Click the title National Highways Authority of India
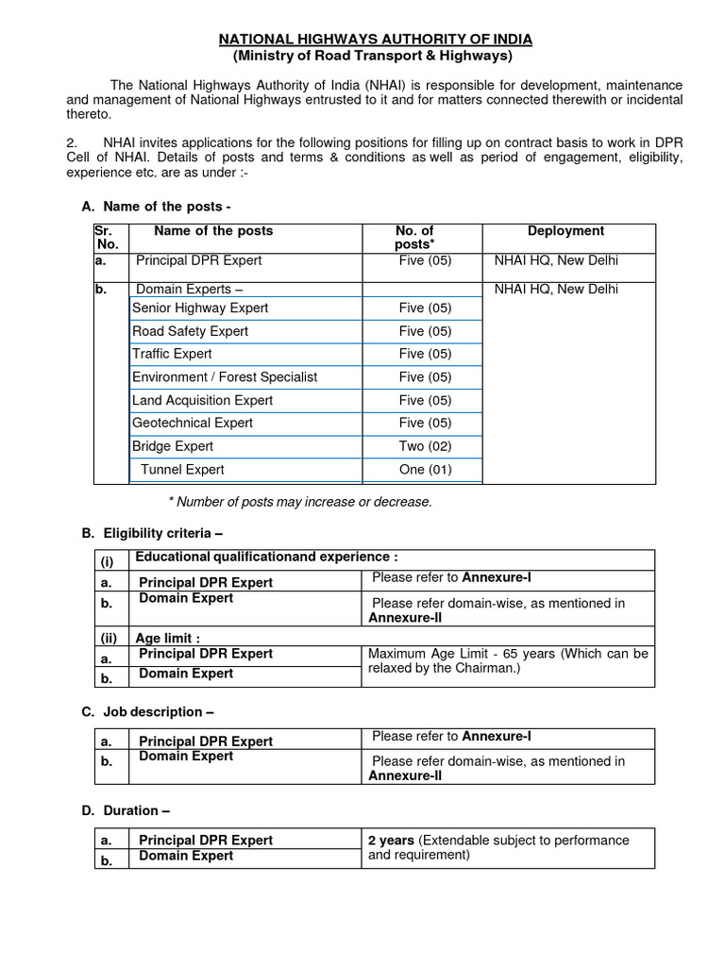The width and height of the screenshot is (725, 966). pyautogui.click(x=376, y=39)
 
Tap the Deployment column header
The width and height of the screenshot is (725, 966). pyautogui.click(x=565, y=231)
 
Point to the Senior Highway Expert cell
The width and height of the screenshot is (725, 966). pyautogui.click(x=200, y=308)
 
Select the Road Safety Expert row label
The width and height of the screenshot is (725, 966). pyautogui.click(x=190, y=331)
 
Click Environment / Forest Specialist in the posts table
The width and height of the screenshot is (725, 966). pyautogui.click(x=225, y=377)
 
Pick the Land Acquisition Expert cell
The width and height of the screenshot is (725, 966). pyautogui.click(x=202, y=400)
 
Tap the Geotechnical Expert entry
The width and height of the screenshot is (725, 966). pyautogui.click(x=193, y=424)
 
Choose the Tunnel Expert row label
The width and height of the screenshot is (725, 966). pyautogui.click(x=182, y=470)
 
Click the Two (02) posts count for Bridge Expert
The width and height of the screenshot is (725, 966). pyautogui.click(x=425, y=446)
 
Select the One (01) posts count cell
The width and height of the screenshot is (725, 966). pyautogui.click(x=425, y=470)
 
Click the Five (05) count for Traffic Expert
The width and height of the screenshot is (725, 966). pyautogui.click(x=425, y=355)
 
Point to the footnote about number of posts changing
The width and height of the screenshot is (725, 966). pyautogui.click(x=299, y=502)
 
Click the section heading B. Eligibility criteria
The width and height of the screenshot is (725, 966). pyautogui.click(x=152, y=534)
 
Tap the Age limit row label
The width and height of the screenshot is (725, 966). pyautogui.click(x=167, y=638)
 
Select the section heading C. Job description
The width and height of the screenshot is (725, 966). pyautogui.click(x=148, y=712)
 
